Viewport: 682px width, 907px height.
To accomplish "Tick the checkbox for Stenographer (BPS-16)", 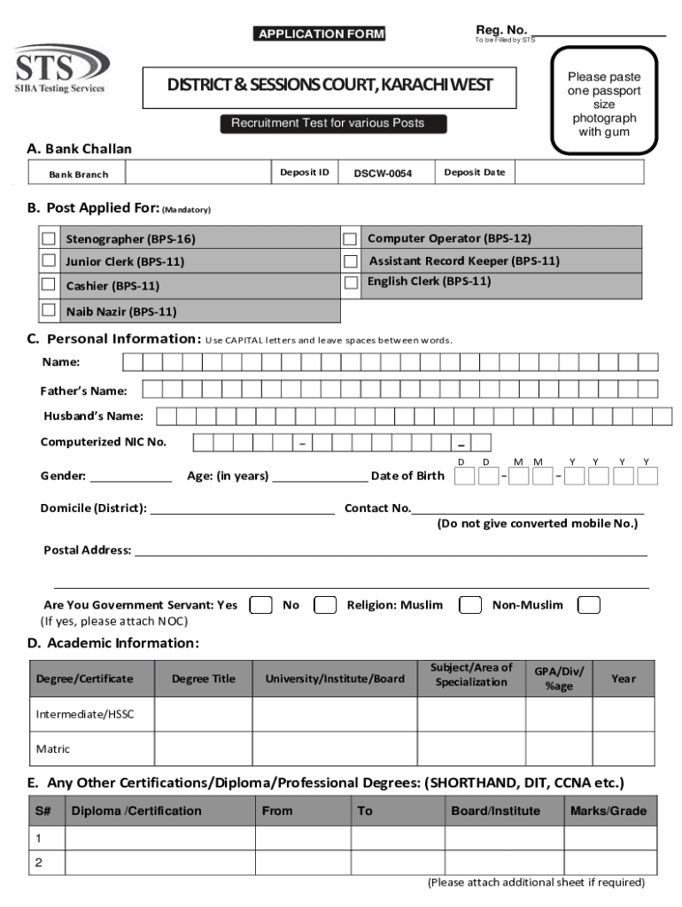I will pos(48,238).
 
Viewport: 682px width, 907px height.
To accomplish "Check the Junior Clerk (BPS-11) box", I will pos(48,260).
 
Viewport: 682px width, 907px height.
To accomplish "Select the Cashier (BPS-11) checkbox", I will pos(48,284).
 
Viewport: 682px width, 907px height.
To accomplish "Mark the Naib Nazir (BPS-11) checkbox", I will pos(48,310).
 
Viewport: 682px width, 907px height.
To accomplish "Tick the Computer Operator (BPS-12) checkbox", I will pos(350,238).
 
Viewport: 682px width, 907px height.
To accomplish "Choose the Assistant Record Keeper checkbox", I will pos(350,261).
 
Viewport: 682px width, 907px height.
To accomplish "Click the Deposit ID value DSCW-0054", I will pos(383,174).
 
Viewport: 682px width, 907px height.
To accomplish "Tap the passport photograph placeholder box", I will pos(603,105).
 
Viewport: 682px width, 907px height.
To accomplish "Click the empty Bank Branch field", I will pos(190,174).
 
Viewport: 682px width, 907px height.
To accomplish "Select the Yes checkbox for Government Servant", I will pos(260,605).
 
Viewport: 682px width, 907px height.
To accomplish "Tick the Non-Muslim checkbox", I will pos(589,605).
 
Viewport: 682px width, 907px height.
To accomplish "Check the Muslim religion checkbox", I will pos(469,605).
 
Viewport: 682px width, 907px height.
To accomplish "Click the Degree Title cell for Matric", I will pos(203,748).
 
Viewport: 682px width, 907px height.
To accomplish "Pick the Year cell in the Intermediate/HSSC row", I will pos(623,714).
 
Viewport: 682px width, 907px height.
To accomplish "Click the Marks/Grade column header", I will pos(608,810).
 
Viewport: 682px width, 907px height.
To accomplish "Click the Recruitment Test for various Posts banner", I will pos(328,123).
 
